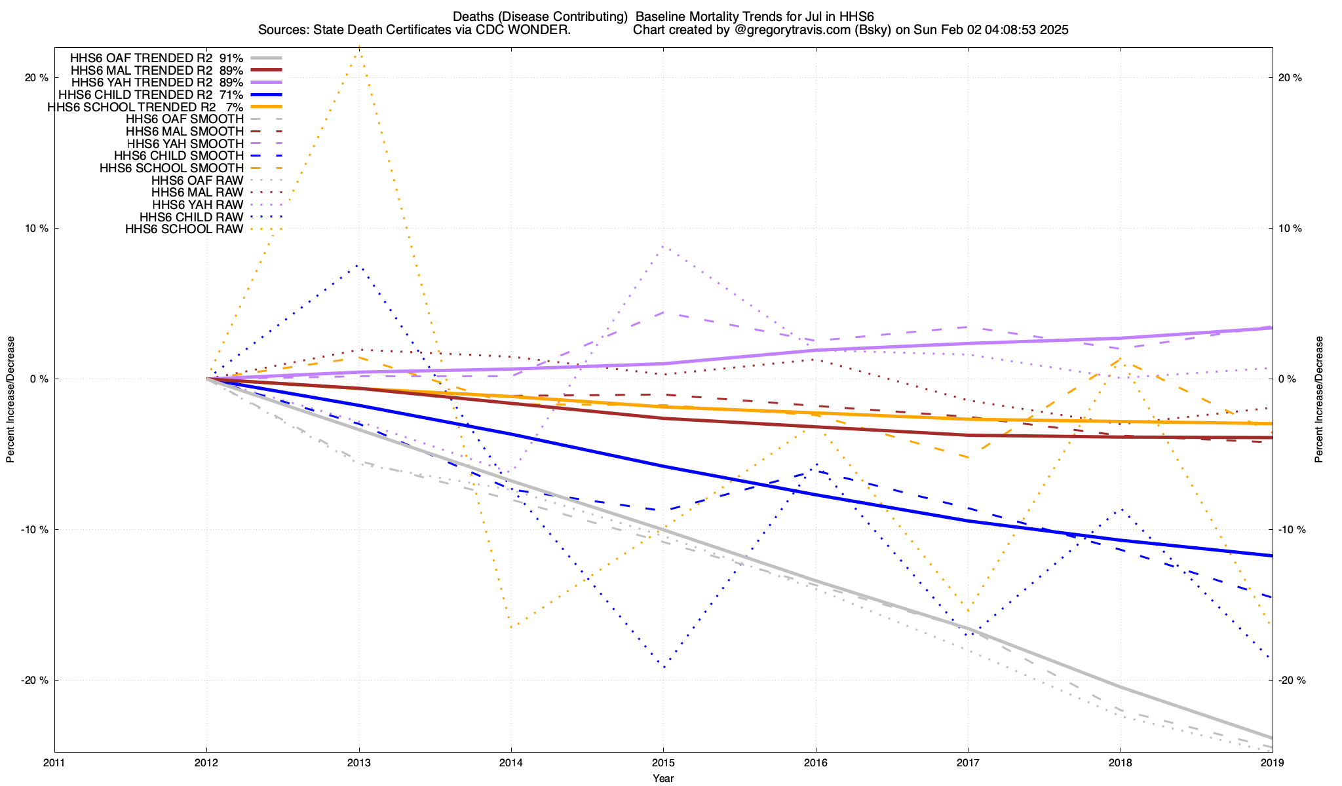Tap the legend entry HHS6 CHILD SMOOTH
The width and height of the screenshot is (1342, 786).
[x=178, y=156]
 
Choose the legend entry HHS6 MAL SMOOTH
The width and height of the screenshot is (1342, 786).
[x=185, y=132]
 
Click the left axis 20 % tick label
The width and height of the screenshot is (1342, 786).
[x=37, y=77]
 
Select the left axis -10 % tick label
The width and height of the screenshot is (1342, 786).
[x=35, y=530]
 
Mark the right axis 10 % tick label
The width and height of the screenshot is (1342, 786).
[x=1290, y=229]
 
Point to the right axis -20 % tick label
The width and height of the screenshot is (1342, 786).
[x=1291, y=681]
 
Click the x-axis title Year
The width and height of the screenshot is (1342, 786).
[x=663, y=778]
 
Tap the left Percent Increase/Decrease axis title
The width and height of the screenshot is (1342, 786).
[x=10, y=400]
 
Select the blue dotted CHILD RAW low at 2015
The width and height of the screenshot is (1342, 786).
[x=664, y=667]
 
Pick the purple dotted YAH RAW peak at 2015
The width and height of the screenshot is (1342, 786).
[x=663, y=246]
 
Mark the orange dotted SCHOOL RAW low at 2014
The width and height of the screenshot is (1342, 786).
[x=511, y=627]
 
